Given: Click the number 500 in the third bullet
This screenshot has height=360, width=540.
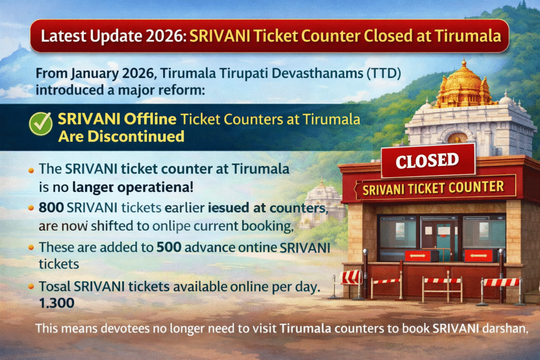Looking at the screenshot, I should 170,247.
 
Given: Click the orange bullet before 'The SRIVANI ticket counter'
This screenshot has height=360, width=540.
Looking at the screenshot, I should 30,170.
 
